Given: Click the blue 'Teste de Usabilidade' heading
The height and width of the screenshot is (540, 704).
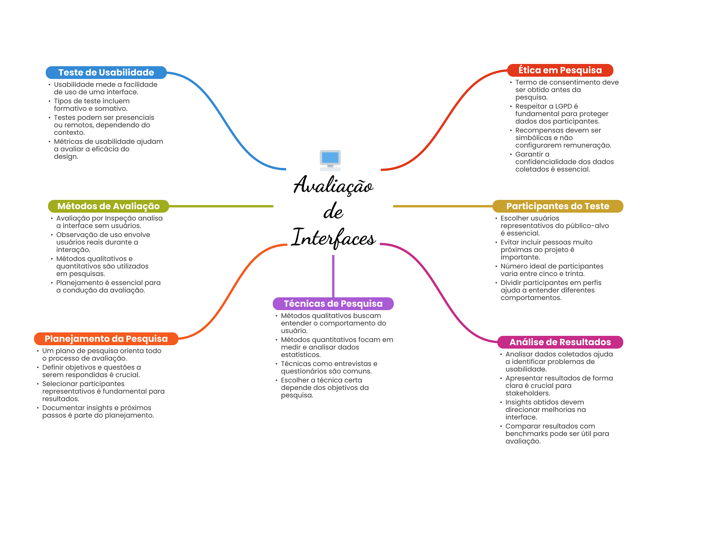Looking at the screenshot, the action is coord(106,72).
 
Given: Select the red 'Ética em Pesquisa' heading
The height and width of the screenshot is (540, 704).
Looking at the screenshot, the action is coord(560,70).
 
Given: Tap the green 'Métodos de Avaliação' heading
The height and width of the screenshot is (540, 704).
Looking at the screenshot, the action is coord(108,206).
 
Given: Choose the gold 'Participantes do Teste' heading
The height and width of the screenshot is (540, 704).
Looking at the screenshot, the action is coord(558,206).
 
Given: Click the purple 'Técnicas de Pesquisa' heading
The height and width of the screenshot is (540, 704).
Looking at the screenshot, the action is coord(333,304).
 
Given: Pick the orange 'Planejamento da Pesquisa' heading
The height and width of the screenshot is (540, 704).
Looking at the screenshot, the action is coord(106,339).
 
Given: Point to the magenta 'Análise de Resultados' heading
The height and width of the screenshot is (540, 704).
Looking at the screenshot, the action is coord(560,342).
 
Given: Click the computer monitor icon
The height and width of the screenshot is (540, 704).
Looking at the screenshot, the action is coord(330,160).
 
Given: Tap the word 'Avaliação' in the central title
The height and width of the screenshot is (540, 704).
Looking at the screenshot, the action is coord(333,185).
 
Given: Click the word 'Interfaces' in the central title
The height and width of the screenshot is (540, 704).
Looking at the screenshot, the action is coord(333,237).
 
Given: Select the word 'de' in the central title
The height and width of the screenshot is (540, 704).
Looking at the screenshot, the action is coord(333,211).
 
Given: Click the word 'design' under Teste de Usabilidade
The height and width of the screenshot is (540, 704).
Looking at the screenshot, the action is coord(65,157).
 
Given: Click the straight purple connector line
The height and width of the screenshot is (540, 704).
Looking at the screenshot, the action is coord(333,275).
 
